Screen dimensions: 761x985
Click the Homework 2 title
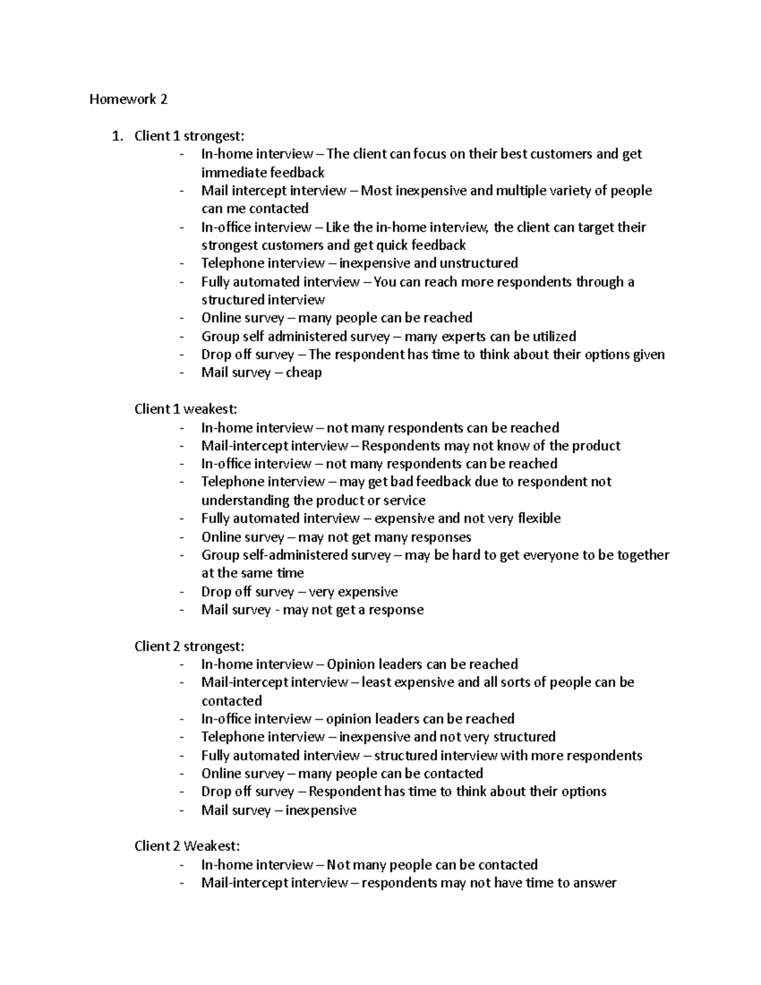[x=128, y=99]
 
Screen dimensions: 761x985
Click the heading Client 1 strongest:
[x=188, y=136]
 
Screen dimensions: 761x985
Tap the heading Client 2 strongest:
[x=188, y=646]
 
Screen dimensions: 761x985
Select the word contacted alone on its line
[x=231, y=701]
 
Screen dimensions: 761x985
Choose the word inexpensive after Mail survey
[x=321, y=810]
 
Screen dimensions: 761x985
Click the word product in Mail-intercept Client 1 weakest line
[x=596, y=446]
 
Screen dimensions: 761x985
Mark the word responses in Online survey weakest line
[x=441, y=537]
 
